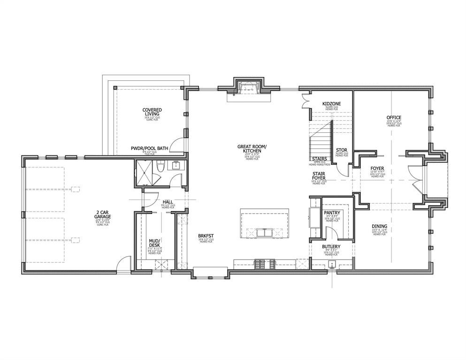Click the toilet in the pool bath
pyautogui.click(x=160, y=167)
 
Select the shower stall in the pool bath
pyautogui.click(x=145, y=173)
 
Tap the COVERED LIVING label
pyautogui.click(x=152, y=112)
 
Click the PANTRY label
pyautogui.click(x=332, y=213)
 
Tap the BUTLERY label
pyautogui.click(x=331, y=246)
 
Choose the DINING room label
pyautogui.click(x=379, y=226)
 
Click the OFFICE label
pyautogui.click(x=394, y=117)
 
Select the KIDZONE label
pyautogui.click(x=331, y=103)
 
